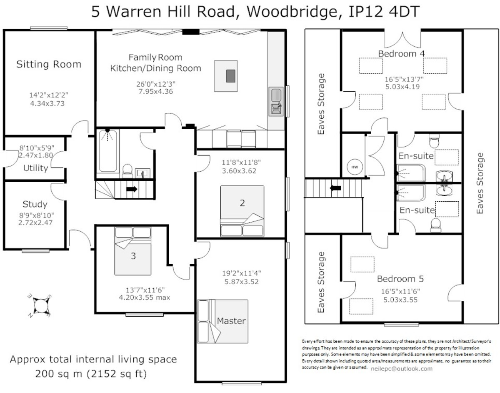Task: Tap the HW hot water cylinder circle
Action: [x=355, y=167]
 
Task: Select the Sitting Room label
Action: [x=49, y=64]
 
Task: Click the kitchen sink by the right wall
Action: [x=276, y=101]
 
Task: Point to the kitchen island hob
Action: [x=231, y=76]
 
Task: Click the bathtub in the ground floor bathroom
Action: [x=107, y=151]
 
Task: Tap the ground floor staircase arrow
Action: [x=132, y=189]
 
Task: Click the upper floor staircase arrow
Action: [x=335, y=188]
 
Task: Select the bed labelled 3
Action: [x=133, y=251]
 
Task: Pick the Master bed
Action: [x=223, y=321]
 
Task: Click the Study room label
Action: [x=35, y=204]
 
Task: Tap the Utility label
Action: [x=36, y=168]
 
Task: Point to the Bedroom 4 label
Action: [x=401, y=54]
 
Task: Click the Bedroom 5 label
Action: [x=400, y=279]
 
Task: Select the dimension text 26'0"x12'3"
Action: [x=155, y=84]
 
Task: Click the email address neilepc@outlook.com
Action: [x=402, y=369]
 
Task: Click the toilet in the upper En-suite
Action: [x=434, y=140]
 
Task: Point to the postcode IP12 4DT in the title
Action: [x=384, y=12]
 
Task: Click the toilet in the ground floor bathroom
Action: [x=127, y=171]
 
